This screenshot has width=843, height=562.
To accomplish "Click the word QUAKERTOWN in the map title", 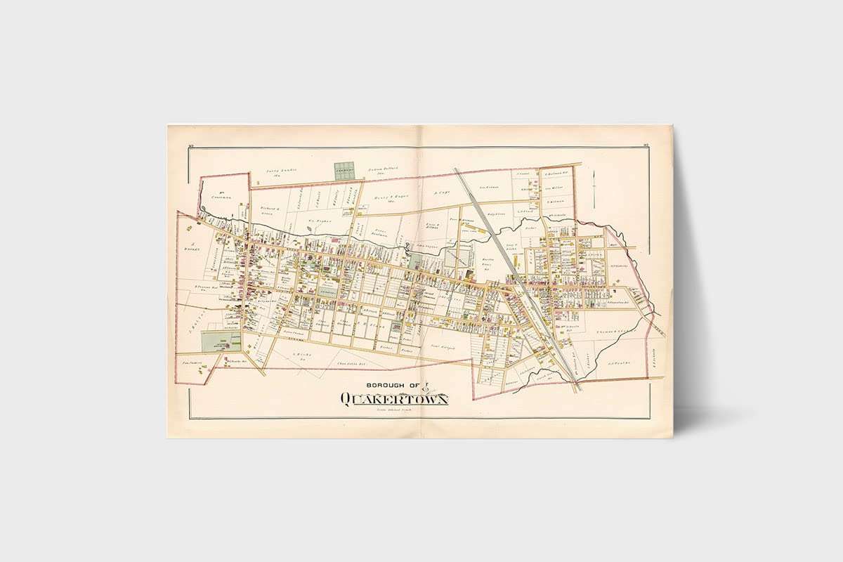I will (394, 399).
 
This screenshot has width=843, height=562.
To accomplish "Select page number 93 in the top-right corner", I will (645, 145).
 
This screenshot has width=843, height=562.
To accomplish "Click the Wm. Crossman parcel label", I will (222, 197).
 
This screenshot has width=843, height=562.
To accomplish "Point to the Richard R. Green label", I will (271, 211).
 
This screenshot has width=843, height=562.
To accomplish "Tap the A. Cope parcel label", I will (440, 192).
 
